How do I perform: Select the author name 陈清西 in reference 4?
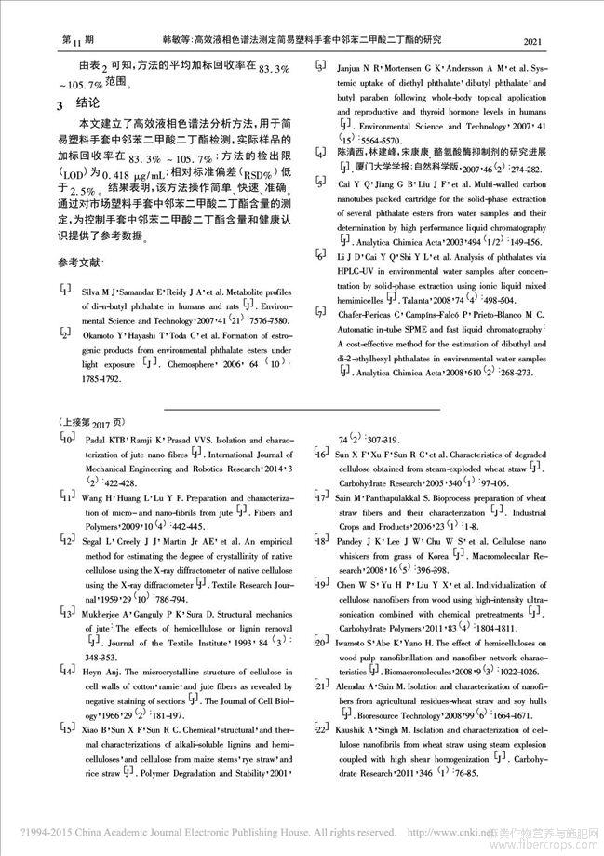351,150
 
